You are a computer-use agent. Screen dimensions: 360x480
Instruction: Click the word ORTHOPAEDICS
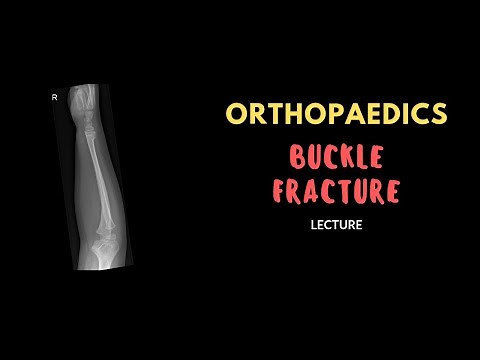(x=335, y=114)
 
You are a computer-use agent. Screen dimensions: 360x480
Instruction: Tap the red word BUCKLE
(x=335, y=155)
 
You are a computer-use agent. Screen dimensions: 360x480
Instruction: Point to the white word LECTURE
(x=335, y=225)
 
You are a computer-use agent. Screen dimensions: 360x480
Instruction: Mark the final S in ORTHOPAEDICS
(x=437, y=114)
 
